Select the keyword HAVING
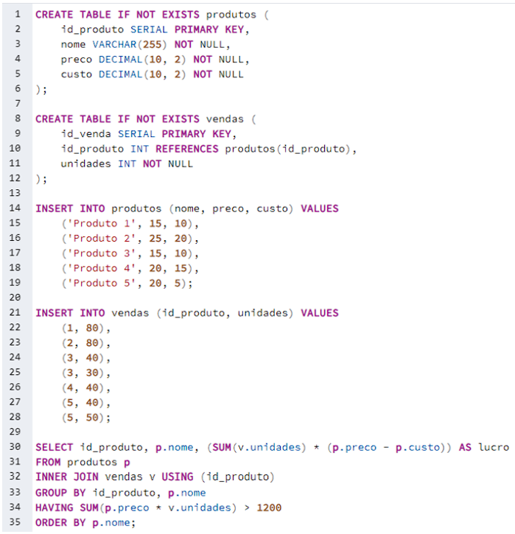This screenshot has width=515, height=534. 54,507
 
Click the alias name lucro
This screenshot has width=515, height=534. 494,447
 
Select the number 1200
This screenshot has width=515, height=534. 269,507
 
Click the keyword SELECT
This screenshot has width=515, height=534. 54,447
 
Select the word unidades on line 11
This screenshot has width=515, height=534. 85,164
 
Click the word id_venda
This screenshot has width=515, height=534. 85,134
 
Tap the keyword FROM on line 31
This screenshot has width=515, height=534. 48,462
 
